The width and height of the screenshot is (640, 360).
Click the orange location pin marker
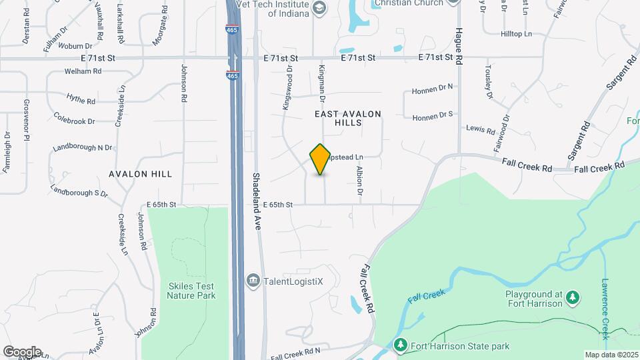click(321, 159)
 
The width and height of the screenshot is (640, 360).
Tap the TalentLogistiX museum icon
click(253, 281)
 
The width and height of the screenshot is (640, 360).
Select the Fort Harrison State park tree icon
click(400, 346)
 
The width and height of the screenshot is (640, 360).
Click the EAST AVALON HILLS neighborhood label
click(348, 119)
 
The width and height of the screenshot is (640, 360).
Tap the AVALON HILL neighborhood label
click(141, 174)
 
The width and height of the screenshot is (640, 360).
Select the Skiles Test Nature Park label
click(192, 290)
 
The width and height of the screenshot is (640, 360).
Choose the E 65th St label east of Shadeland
click(278, 205)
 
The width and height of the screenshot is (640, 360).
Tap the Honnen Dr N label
click(432, 88)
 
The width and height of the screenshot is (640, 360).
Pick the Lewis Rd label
click(480, 128)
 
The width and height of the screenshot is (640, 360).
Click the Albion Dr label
click(359, 182)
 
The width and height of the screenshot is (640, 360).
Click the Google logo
click(22, 351)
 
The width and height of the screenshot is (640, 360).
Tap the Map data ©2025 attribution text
click(611, 355)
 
